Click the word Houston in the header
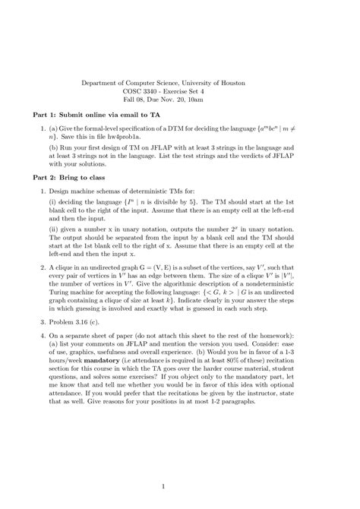(254, 81)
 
